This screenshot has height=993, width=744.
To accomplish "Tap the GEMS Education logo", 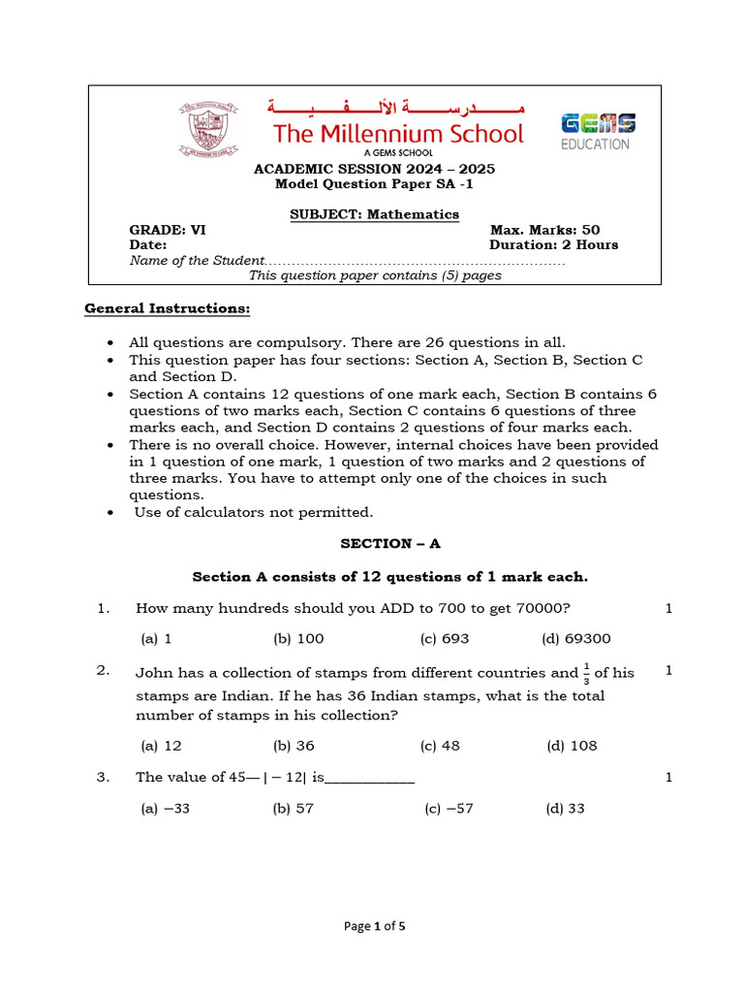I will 598,131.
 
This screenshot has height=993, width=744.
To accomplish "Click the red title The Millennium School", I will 398,134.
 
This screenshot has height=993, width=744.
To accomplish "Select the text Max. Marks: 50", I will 545,230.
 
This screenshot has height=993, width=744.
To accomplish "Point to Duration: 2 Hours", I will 553,245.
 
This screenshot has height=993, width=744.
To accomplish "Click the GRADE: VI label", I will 168,230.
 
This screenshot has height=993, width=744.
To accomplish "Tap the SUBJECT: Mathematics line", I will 374,214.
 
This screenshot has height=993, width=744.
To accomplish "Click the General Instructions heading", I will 167,308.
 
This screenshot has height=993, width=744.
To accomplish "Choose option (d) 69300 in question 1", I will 575,638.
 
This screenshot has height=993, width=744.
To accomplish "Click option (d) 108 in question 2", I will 572,746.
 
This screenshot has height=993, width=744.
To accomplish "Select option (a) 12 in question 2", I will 161,746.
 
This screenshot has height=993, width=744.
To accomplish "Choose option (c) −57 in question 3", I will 449,809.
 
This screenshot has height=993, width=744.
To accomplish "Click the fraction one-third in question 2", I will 587,672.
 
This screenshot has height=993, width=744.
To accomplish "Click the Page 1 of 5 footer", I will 375,926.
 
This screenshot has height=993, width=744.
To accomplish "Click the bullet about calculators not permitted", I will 253,512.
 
